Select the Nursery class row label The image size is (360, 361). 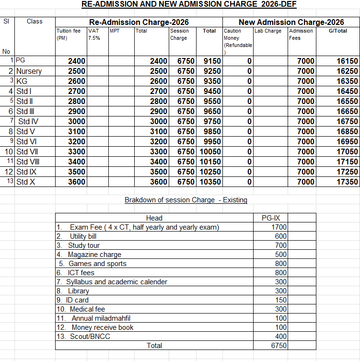pos(29,71)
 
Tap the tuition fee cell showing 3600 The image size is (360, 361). pos(77,182)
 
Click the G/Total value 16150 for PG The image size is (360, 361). pos(348,61)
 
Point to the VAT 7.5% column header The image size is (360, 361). pos(94,34)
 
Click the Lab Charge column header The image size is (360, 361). pos(268,31)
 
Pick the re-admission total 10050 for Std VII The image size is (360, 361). pos(209,151)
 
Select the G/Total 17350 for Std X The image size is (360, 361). pos(348,182)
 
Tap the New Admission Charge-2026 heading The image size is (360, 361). pos(291,22)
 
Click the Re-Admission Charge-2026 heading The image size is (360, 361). pos(139,22)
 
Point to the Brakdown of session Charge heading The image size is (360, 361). pos(186,200)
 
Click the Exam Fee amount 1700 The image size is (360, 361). pos(279,227)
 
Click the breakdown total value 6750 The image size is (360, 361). pos(279,346)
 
